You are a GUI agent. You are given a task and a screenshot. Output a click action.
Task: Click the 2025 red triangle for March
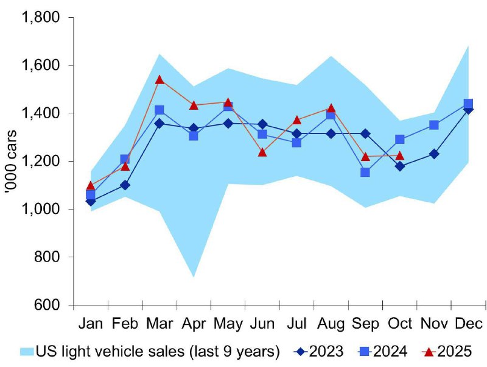159,80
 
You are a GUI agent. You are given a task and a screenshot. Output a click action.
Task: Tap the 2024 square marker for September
365,172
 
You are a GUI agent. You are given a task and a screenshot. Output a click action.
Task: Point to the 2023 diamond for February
125,185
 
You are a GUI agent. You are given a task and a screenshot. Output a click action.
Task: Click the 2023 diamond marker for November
434,154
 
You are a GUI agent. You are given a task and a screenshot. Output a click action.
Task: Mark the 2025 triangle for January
91,185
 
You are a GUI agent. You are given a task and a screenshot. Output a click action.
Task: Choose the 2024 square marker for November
434,125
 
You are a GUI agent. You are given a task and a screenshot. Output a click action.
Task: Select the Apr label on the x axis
194,323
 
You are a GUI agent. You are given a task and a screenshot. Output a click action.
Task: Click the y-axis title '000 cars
13,161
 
